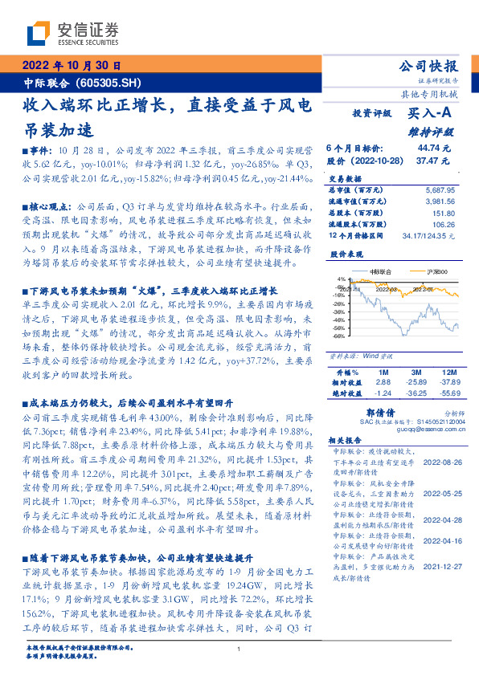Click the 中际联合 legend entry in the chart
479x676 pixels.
[378, 272]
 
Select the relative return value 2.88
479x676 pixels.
[383, 384]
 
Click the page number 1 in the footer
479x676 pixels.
[239, 649]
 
